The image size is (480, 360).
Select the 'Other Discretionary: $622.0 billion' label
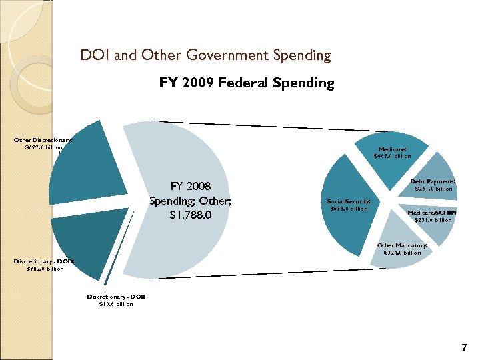[x=43, y=143]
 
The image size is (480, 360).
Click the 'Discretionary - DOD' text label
[x=44, y=261]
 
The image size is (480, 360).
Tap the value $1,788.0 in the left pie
[x=190, y=215]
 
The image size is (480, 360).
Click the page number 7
[x=464, y=348]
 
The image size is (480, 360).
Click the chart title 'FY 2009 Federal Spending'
[x=246, y=83]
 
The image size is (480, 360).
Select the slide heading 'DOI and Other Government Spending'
[x=205, y=55]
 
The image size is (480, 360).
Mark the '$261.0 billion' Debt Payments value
[x=433, y=189]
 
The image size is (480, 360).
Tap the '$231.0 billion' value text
[x=433, y=220]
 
